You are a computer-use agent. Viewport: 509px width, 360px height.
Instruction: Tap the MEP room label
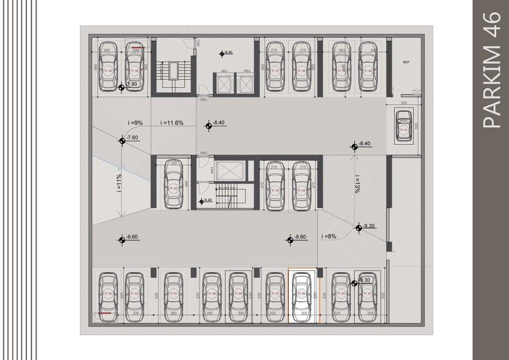point(406,62)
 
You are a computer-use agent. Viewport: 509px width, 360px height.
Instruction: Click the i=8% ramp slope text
point(329,236)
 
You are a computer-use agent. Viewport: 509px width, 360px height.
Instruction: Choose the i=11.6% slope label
point(172,123)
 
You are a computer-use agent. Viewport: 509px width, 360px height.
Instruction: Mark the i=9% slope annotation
point(135,123)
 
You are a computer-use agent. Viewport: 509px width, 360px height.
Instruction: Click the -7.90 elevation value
point(132,84)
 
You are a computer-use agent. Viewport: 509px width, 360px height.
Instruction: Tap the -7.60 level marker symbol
point(122,140)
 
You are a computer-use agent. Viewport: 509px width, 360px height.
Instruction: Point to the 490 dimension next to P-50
point(186,184)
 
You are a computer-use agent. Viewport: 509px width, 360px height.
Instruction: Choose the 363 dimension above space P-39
point(342,51)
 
